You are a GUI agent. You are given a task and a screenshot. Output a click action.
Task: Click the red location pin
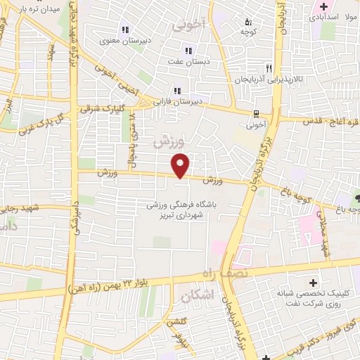coord(181,165)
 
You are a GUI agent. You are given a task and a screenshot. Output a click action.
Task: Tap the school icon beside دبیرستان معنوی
coord(125,30)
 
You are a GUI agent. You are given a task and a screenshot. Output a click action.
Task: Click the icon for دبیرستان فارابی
coord(178,90)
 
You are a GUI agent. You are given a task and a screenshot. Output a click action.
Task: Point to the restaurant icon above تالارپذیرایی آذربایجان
coord(268,69)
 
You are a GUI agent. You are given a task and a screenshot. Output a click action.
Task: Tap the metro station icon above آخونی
coord(256,114)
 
